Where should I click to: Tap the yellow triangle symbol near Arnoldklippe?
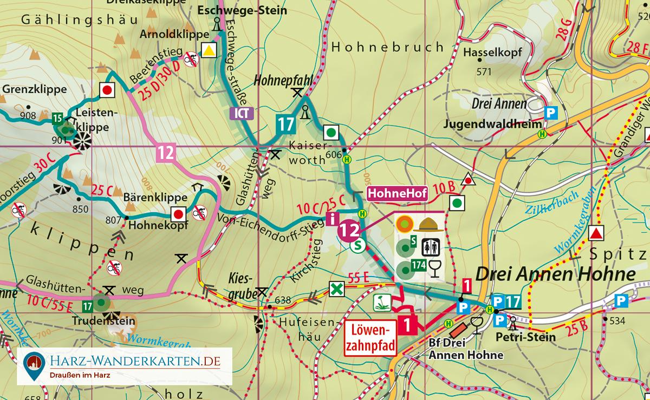pos(208,51)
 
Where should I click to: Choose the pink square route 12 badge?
pos(166,153)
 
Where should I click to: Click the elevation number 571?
pos(483,71)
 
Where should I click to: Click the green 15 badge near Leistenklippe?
pos(57,117)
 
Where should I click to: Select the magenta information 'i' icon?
pos(331,219)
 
